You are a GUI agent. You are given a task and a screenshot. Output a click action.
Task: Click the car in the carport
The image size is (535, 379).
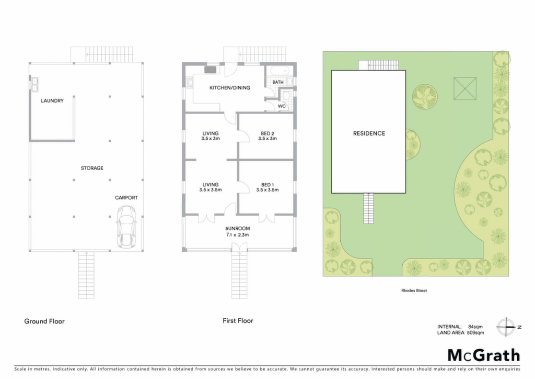click(x=126, y=226)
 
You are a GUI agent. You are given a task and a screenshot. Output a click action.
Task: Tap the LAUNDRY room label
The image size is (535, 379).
click(x=52, y=101)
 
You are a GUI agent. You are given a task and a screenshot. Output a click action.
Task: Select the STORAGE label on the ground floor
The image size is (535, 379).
click(x=92, y=168)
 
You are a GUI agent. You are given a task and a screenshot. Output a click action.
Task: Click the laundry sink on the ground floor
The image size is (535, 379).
click(x=34, y=84)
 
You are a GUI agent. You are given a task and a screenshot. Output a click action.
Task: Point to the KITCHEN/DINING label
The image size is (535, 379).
click(x=230, y=88)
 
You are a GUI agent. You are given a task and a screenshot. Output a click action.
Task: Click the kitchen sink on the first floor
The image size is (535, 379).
click(x=211, y=70)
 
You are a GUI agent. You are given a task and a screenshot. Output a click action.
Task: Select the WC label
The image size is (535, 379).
click(x=282, y=106)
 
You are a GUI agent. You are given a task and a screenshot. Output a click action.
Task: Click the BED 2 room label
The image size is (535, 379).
click(x=267, y=133)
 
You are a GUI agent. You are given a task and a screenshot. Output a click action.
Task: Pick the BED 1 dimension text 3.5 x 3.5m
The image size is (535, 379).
click(x=267, y=189)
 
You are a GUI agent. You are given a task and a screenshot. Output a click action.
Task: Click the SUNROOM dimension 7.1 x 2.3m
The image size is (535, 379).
click(x=238, y=235)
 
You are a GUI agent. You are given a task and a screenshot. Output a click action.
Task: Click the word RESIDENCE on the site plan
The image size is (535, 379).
click(x=369, y=133)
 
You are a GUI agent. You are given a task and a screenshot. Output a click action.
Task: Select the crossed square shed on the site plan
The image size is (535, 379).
click(x=464, y=88)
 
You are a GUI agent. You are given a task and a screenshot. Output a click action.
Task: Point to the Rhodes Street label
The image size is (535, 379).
click(x=414, y=291)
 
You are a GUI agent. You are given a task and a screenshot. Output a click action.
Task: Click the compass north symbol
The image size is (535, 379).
click(x=506, y=327)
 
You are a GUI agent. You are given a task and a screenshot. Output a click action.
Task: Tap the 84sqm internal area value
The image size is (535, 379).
click(x=475, y=327)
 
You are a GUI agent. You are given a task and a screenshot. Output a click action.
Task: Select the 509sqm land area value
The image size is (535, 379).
click(x=475, y=332)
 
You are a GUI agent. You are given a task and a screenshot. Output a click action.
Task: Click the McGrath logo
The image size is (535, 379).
click(x=484, y=355)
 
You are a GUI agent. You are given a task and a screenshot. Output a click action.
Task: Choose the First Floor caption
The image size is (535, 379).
click(x=238, y=320)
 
